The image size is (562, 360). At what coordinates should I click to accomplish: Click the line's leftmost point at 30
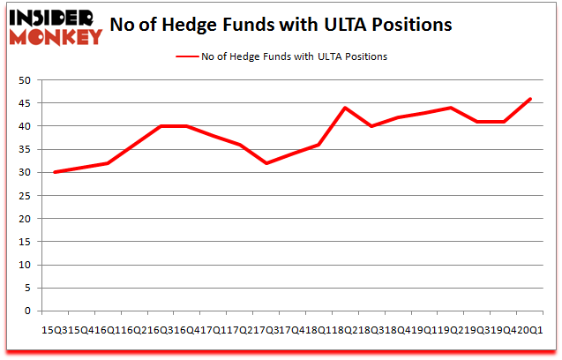tap(55, 172)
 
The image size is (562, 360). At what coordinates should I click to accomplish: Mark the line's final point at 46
tap(531, 99)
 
